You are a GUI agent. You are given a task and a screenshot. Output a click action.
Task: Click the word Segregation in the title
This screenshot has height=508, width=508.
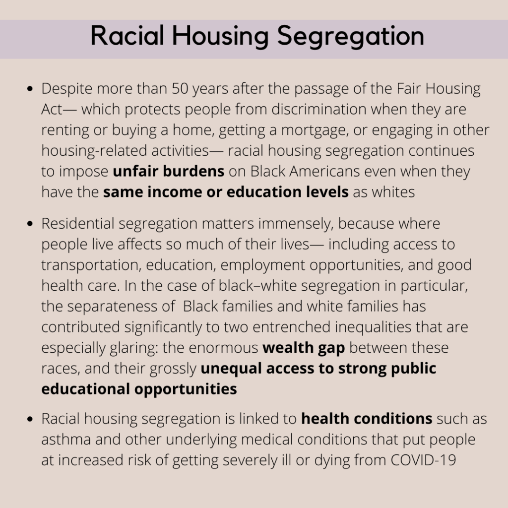point(351,36)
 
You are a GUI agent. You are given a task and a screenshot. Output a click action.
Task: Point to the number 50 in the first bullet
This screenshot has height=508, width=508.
point(180,88)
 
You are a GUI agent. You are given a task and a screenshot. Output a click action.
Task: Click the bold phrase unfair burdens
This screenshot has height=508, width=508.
point(169,171)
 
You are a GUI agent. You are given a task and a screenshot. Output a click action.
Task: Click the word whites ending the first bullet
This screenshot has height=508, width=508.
point(393,192)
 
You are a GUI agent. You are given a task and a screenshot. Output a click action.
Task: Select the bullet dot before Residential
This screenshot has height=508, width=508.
point(30,224)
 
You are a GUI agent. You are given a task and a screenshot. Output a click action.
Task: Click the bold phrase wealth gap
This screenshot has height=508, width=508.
point(304,348)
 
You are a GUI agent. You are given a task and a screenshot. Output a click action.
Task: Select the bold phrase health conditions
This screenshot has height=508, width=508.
point(367,418)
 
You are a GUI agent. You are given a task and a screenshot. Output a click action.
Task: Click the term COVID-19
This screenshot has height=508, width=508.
point(424,460)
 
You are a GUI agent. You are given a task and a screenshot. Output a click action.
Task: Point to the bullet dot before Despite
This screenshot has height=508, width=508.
point(30,89)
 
